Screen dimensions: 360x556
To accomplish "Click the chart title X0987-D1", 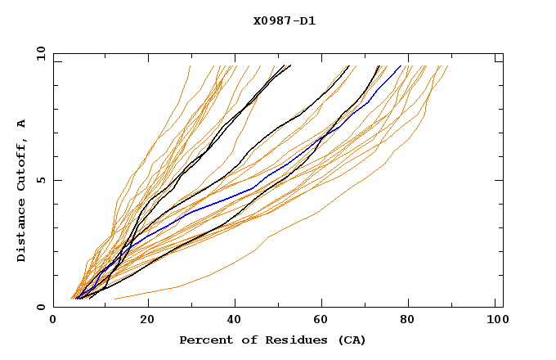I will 284,20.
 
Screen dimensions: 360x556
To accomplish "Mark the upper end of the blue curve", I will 401,66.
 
